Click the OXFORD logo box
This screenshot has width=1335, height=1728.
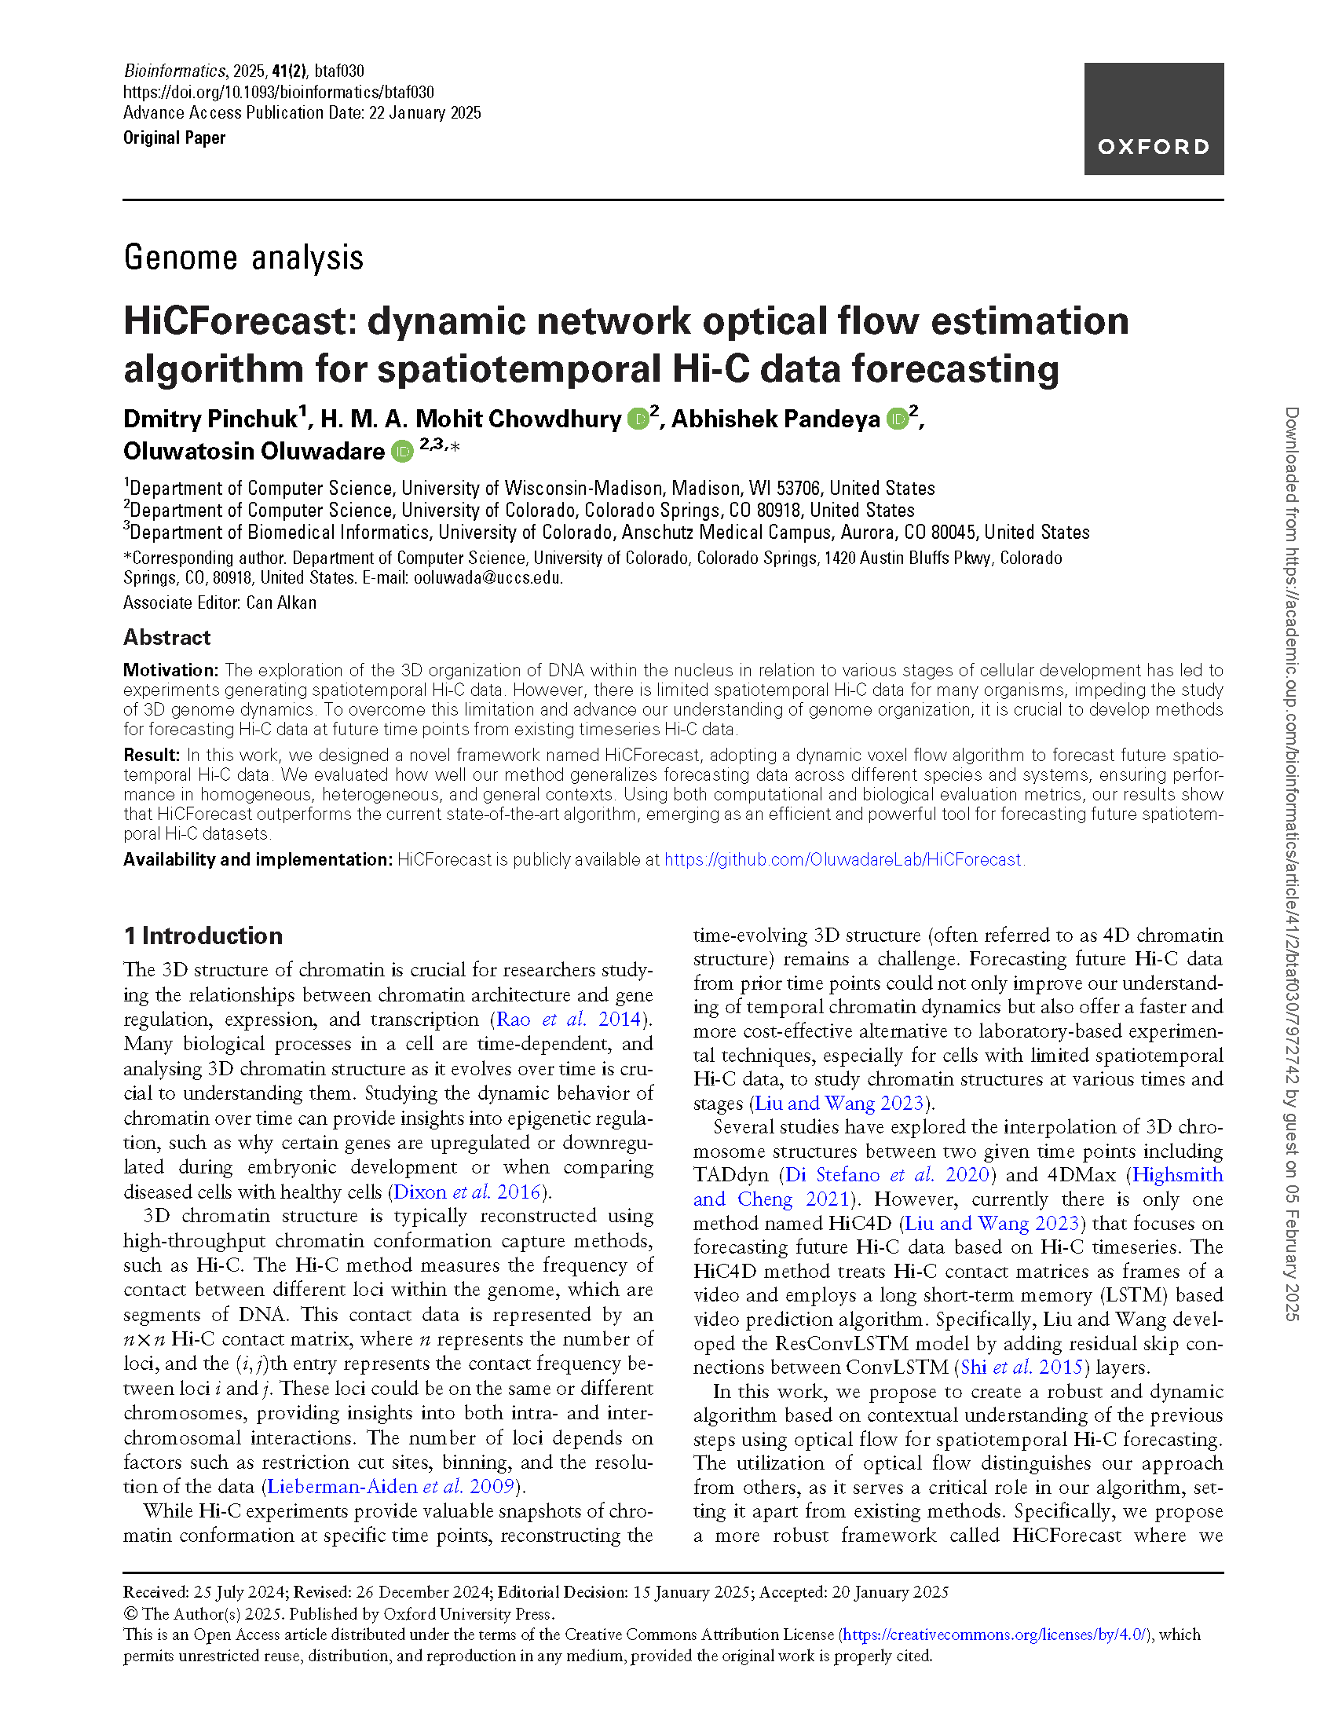tap(1153, 119)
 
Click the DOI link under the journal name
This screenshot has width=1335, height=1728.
tap(279, 92)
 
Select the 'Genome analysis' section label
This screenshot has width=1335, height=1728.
tap(243, 258)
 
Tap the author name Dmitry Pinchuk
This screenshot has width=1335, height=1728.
tap(210, 419)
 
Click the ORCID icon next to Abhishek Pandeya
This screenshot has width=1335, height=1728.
tap(897, 419)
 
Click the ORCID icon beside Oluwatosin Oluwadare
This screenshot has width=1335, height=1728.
tap(403, 451)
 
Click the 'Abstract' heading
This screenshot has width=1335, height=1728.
tap(166, 638)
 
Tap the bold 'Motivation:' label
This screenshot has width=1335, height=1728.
tap(170, 670)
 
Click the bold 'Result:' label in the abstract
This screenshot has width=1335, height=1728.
tap(152, 755)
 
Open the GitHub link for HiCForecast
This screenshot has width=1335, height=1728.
tap(843, 859)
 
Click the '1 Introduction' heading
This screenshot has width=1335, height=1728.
tap(203, 936)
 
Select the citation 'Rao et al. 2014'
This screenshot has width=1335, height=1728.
tap(568, 1019)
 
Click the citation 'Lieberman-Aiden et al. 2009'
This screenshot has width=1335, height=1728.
tap(392, 1486)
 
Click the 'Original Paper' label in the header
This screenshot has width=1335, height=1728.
tap(174, 137)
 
